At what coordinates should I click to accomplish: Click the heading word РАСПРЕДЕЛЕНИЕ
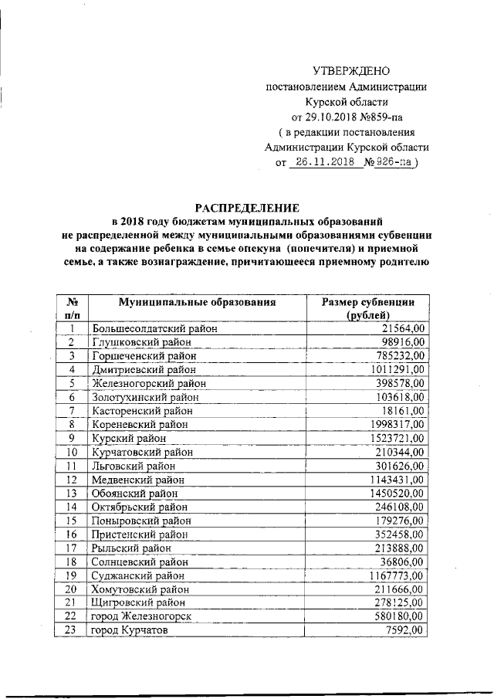246,207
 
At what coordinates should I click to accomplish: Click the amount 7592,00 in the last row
404,630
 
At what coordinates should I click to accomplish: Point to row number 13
71,493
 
